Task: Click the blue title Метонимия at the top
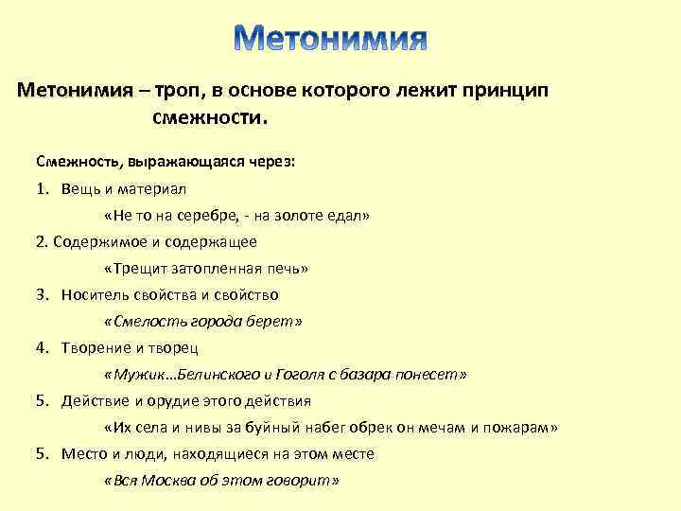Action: (330, 38)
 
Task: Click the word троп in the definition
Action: (177, 91)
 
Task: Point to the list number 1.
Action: (43, 188)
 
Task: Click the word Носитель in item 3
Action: (92, 294)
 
